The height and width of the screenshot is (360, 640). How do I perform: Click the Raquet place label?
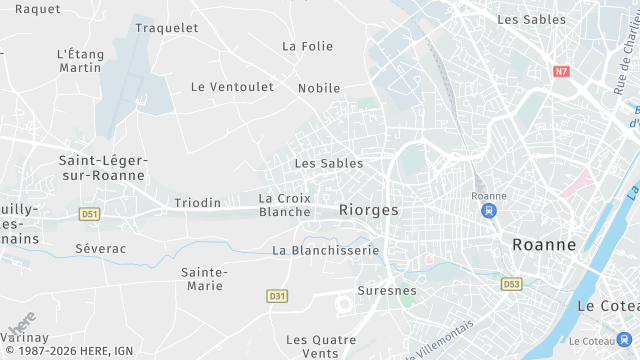[x=38, y=9]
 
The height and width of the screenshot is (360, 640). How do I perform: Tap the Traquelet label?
[x=167, y=28]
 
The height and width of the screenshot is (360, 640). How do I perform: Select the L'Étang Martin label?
[x=80, y=61]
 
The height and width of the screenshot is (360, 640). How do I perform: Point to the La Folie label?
[x=307, y=46]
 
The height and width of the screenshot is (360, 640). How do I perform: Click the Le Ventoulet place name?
[x=232, y=87]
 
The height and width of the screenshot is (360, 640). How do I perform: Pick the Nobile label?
[x=319, y=88]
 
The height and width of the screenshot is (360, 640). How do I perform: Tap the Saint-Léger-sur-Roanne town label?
[x=102, y=168]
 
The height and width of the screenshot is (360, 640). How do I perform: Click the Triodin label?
[x=197, y=203]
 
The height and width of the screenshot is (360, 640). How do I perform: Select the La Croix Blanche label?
[x=285, y=205]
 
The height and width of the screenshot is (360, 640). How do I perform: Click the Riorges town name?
[x=369, y=210]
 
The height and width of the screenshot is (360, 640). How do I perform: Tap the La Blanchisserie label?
[x=326, y=250]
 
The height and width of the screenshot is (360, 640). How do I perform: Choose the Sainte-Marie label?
[x=205, y=279]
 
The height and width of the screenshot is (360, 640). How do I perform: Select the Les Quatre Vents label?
[x=320, y=346]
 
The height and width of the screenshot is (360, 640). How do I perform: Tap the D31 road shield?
[x=277, y=296]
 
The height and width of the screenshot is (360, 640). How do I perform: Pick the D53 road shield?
[x=512, y=284]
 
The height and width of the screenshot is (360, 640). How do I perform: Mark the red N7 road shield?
[x=561, y=71]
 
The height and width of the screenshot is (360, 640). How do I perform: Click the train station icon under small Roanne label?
[x=488, y=212]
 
